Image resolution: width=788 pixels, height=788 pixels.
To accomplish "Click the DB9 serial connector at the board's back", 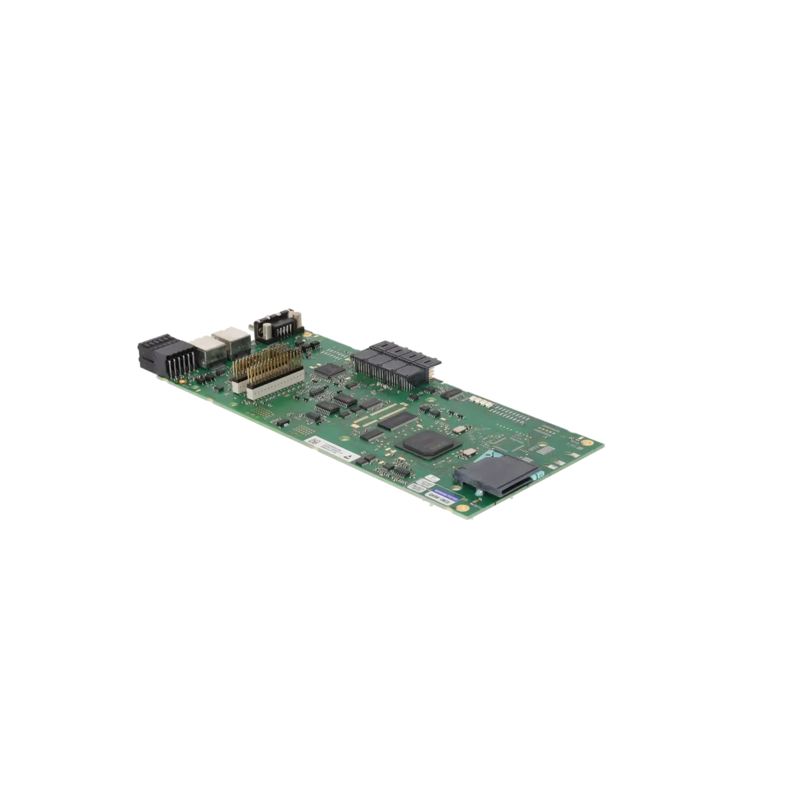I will pos(277,325).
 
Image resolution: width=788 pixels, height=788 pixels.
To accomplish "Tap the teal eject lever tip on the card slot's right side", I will pos(535,476).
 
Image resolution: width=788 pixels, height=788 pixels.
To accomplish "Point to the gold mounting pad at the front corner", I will pos(463,507).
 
